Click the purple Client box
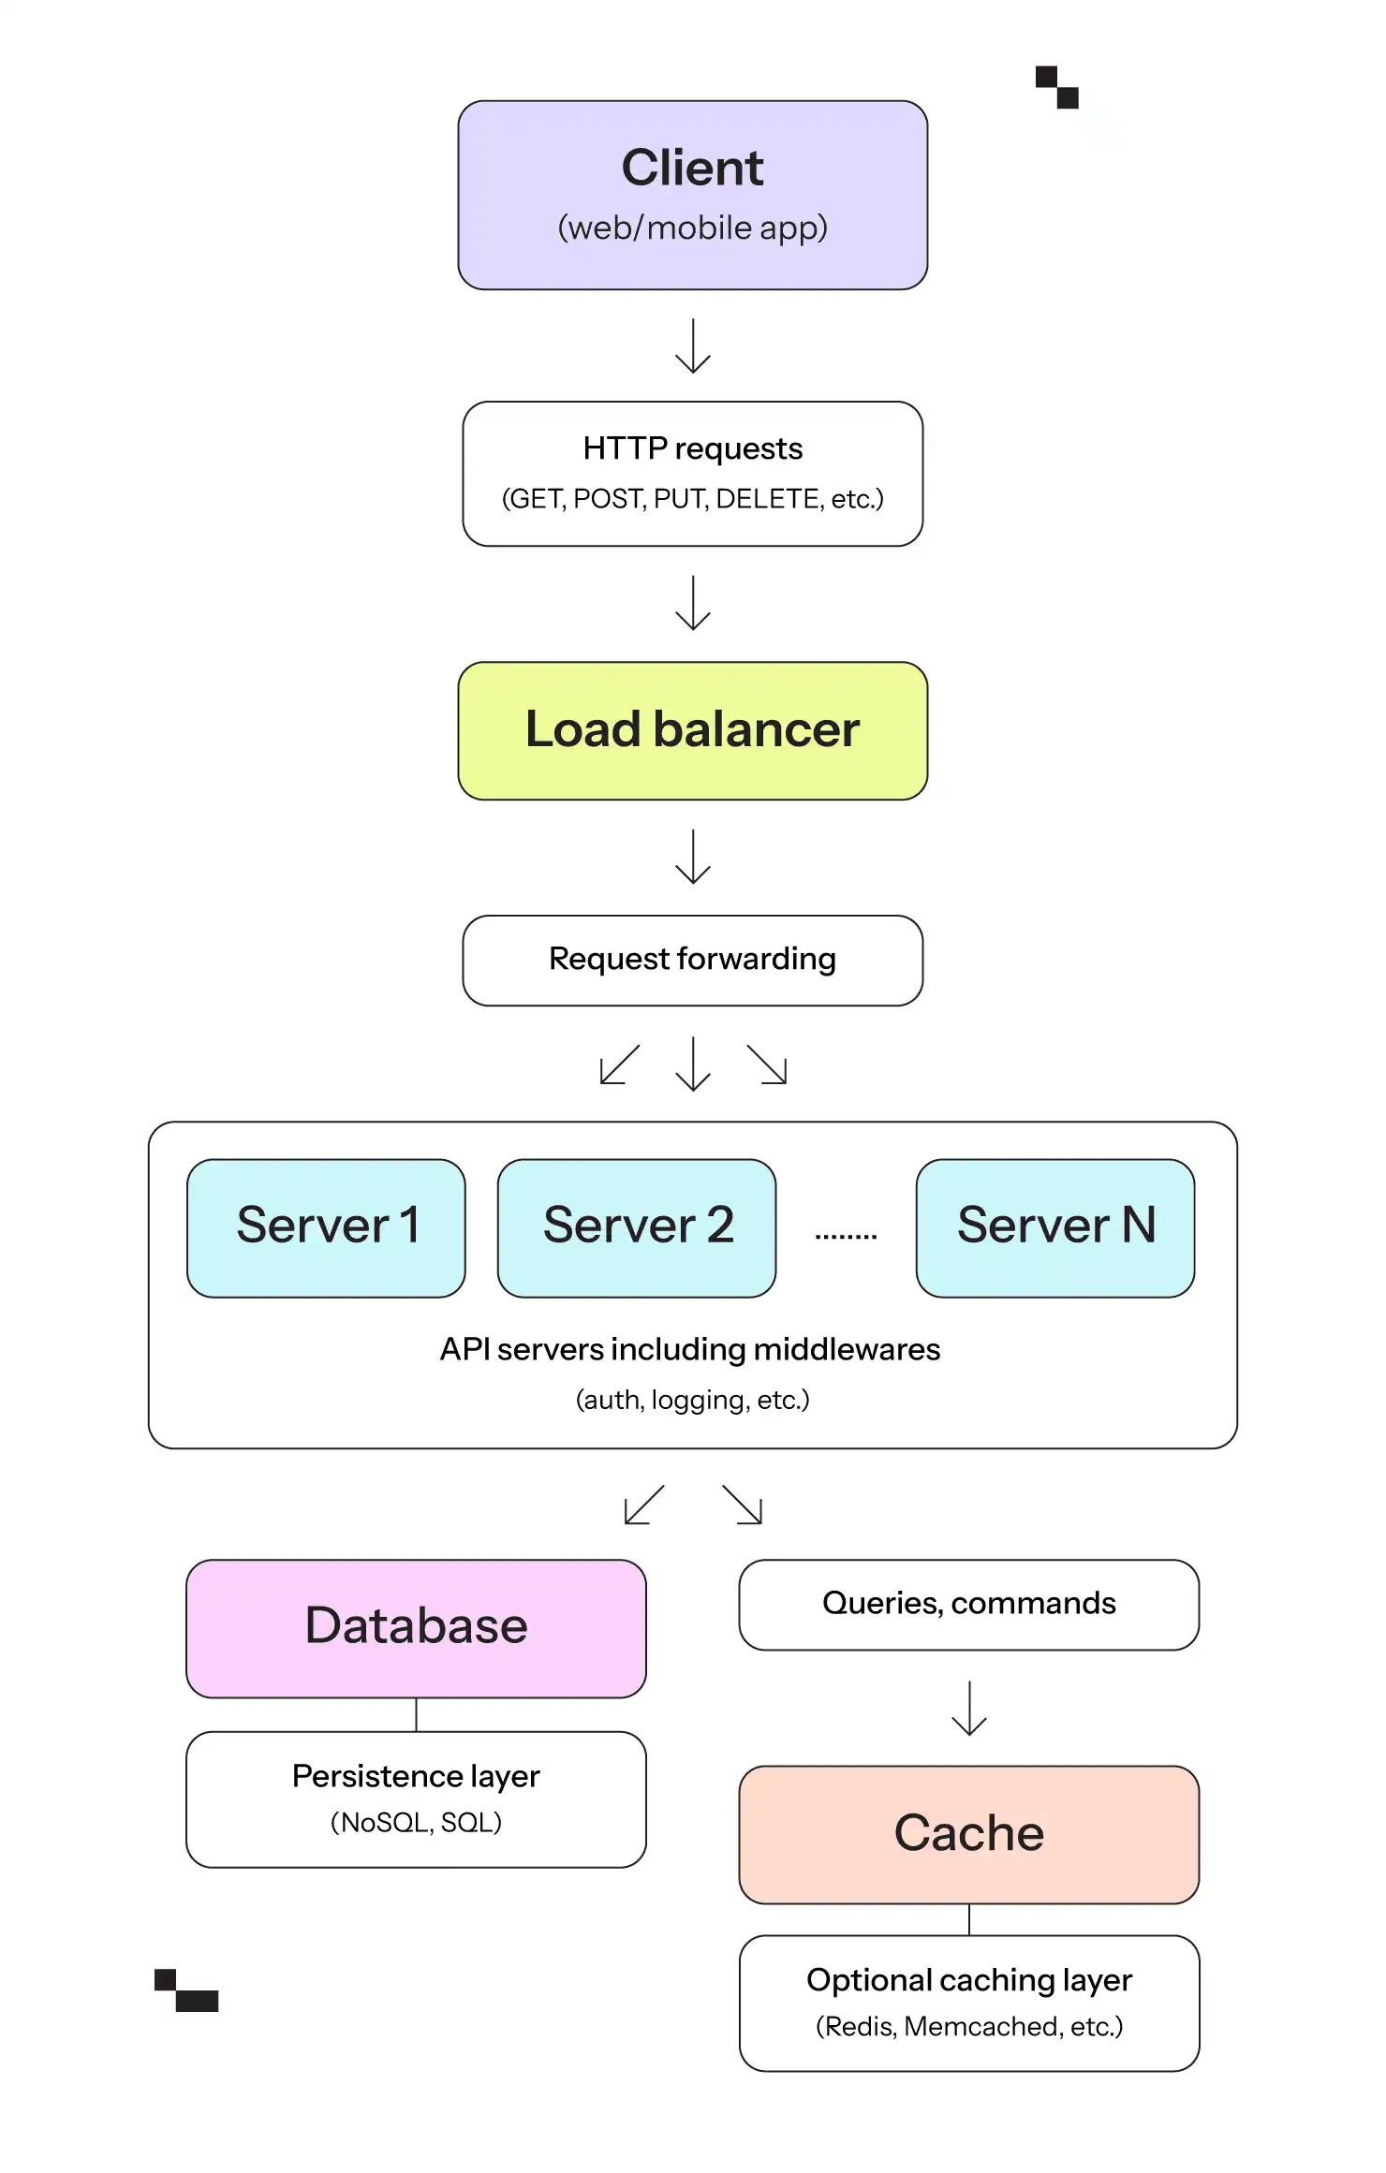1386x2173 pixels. pyautogui.click(x=693, y=195)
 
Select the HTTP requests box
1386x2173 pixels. pyautogui.click(x=693, y=474)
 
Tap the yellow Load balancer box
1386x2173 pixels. pyautogui.click(x=693, y=730)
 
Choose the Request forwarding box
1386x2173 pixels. pyautogui.click(x=693, y=961)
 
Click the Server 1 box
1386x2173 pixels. pyautogui.click(x=326, y=1228)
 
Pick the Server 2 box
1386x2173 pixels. pyautogui.click(x=637, y=1228)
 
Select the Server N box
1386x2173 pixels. pyautogui.click(x=1055, y=1228)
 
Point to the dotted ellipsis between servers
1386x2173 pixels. pyautogui.click(x=846, y=1237)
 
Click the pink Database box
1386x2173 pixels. pyautogui.click(x=416, y=1628)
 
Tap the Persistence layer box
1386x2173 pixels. pyautogui.click(x=416, y=1799)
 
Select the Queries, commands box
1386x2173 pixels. pyautogui.click(x=969, y=1605)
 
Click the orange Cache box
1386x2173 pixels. pyautogui.click(x=969, y=1835)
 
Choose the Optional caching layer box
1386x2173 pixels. pyautogui.click(x=969, y=2004)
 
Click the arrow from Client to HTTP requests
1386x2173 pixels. pyautogui.click(x=693, y=346)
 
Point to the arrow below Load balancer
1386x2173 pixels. pyautogui.click(x=693, y=857)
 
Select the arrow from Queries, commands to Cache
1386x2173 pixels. pyautogui.click(x=969, y=1709)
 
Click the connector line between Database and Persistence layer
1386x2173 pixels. pyautogui.click(x=416, y=1715)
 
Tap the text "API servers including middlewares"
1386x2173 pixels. pyautogui.click(x=690, y=1349)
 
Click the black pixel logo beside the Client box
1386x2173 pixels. pyautogui.click(x=1057, y=87)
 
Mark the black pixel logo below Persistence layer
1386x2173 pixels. pyautogui.click(x=186, y=1990)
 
